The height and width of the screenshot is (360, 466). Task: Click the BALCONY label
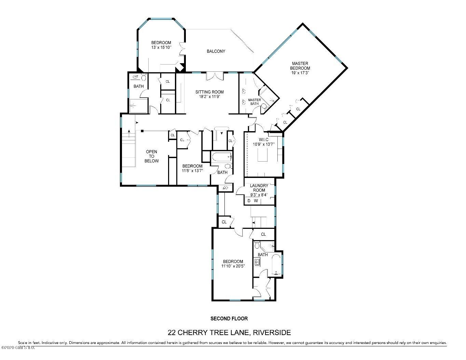tap(216, 51)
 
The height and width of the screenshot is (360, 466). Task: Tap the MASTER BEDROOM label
tap(300, 66)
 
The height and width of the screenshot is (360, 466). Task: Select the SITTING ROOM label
tap(209, 92)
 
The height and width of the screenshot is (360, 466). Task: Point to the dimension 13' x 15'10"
tap(161, 47)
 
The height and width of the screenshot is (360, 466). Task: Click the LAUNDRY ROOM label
tap(259, 188)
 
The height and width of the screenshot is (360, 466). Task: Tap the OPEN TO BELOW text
tap(151, 156)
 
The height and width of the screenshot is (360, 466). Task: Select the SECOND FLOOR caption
tap(229, 319)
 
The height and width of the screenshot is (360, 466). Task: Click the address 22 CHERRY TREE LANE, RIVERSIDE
tap(229, 332)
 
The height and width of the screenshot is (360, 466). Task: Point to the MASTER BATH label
tap(255, 102)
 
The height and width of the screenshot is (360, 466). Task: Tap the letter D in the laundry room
tap(249, 201)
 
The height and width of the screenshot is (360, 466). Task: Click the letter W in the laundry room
tap(256, 201)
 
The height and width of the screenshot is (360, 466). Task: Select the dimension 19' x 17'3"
tap(300, 73)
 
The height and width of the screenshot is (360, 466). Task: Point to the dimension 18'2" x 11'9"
tap(209, 97)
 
